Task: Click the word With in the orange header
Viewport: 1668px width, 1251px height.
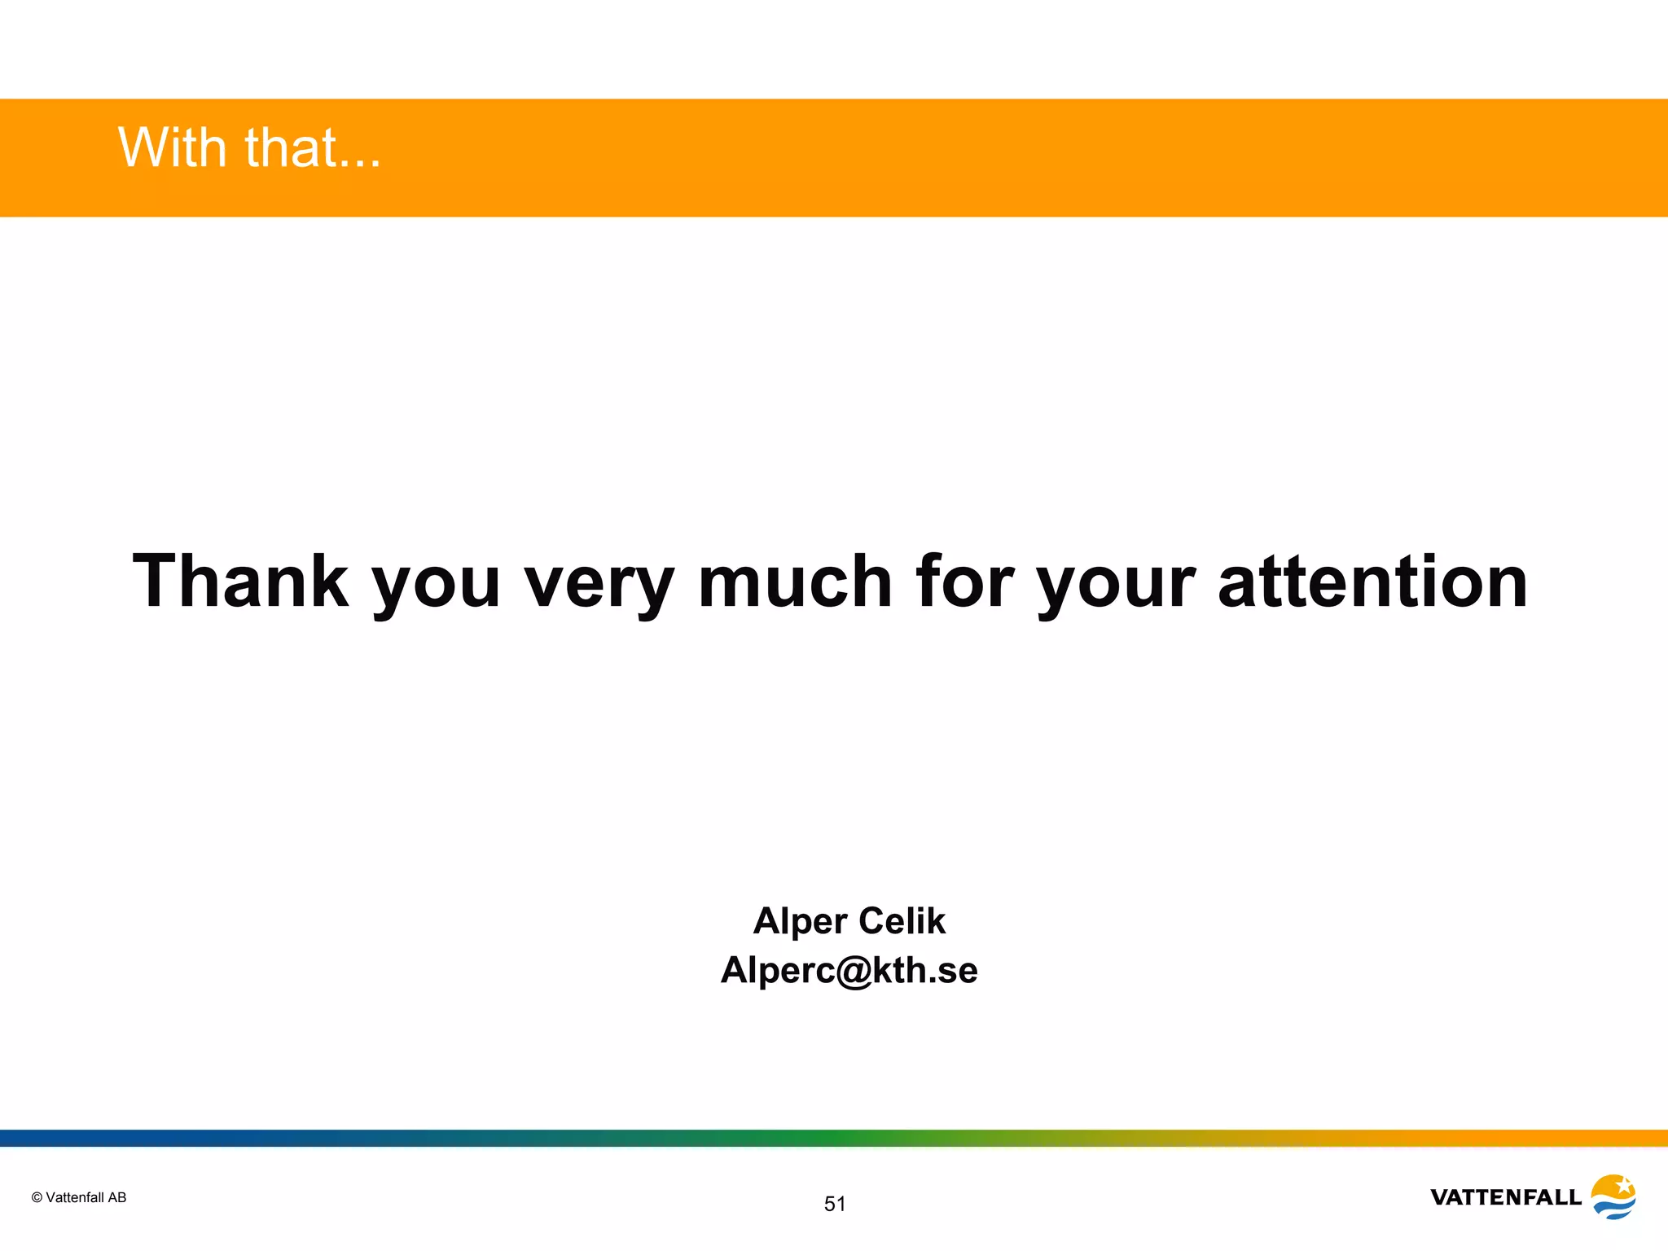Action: (172, 148)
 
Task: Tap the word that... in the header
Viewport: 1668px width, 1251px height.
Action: (313, 148)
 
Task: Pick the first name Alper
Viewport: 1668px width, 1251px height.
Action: (800, 922)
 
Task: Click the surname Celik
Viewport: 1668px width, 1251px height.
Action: (902, 920)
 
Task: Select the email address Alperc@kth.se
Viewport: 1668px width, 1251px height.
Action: (849, 970)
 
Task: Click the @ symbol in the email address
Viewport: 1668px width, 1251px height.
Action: (854, 972)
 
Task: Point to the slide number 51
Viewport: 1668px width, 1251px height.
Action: (835, 1204)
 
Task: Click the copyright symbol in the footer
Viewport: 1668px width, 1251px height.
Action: (37, 1197)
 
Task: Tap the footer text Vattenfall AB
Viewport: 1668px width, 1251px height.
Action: (86, 1197)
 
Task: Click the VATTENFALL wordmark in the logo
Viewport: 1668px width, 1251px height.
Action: (1505, 1197)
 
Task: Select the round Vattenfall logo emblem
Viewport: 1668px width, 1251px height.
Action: (1613, 1196)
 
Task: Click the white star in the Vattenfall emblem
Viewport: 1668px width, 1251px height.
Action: (1623, 1185)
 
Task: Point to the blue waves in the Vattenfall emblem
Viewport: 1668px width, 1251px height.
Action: (1614, 1209)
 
